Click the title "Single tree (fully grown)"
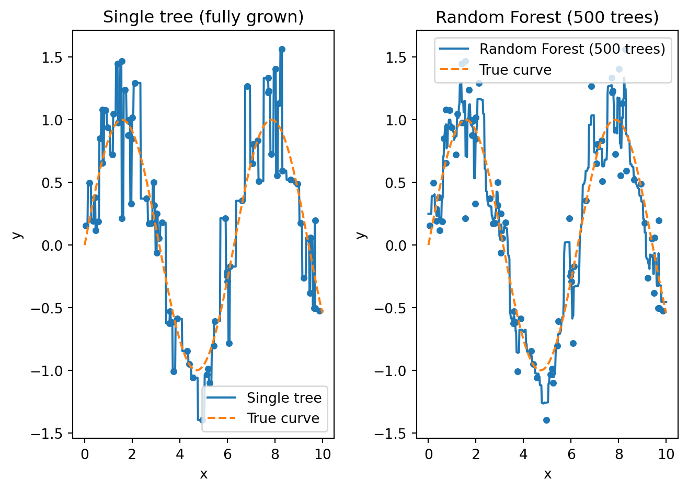pos(203,17)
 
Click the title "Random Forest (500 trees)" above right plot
pos(547,17)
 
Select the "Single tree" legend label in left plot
pos(284,398)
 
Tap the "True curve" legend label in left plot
pos(283,418)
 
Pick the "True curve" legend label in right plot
pos(515,70)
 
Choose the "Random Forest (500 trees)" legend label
pos(572,49)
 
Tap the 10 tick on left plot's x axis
pos(323,454)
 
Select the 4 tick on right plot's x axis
pos(523,454)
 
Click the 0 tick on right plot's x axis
pos(428,454)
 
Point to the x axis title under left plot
pos(203,474)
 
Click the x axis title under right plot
pos(547,474)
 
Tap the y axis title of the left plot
pos(18,235)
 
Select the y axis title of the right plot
pos(361,235)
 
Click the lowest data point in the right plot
pos(546,420)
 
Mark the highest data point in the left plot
pos(282,49)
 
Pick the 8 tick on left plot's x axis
pos(275,454)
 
